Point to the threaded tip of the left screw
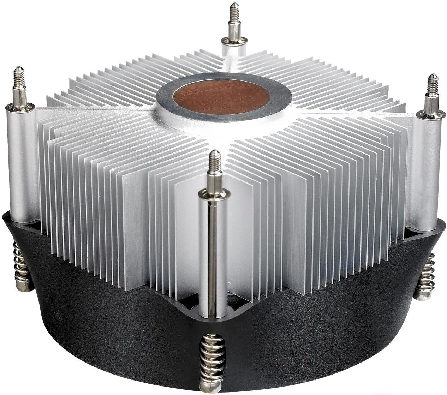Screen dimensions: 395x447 click(x=17, y=76)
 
